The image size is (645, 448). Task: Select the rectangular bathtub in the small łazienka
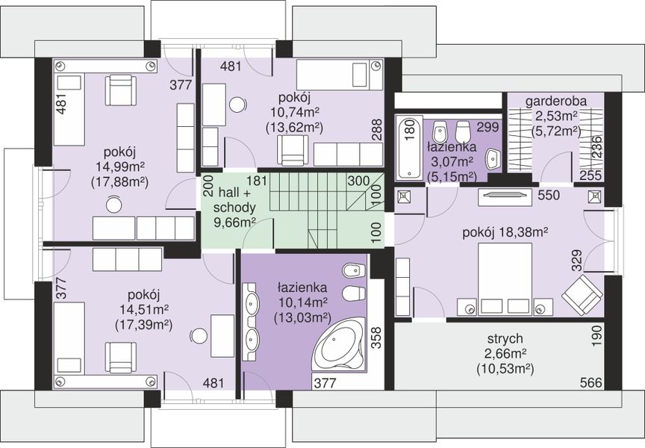409,148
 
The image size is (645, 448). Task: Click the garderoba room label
556,101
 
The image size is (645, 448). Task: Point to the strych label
505,339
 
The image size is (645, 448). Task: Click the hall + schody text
234,200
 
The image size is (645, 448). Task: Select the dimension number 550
549,195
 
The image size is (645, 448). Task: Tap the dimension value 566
591,382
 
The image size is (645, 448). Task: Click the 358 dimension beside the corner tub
377,338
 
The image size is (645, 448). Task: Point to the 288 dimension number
377,130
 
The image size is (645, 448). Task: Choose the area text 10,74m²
295,112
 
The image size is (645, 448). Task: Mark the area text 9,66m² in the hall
235,223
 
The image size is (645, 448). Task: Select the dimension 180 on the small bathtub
410,130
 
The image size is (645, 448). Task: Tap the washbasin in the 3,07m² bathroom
493,159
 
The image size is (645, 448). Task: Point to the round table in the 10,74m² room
237,104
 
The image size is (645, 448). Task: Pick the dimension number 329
577,261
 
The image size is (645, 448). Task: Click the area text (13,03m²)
303,318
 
